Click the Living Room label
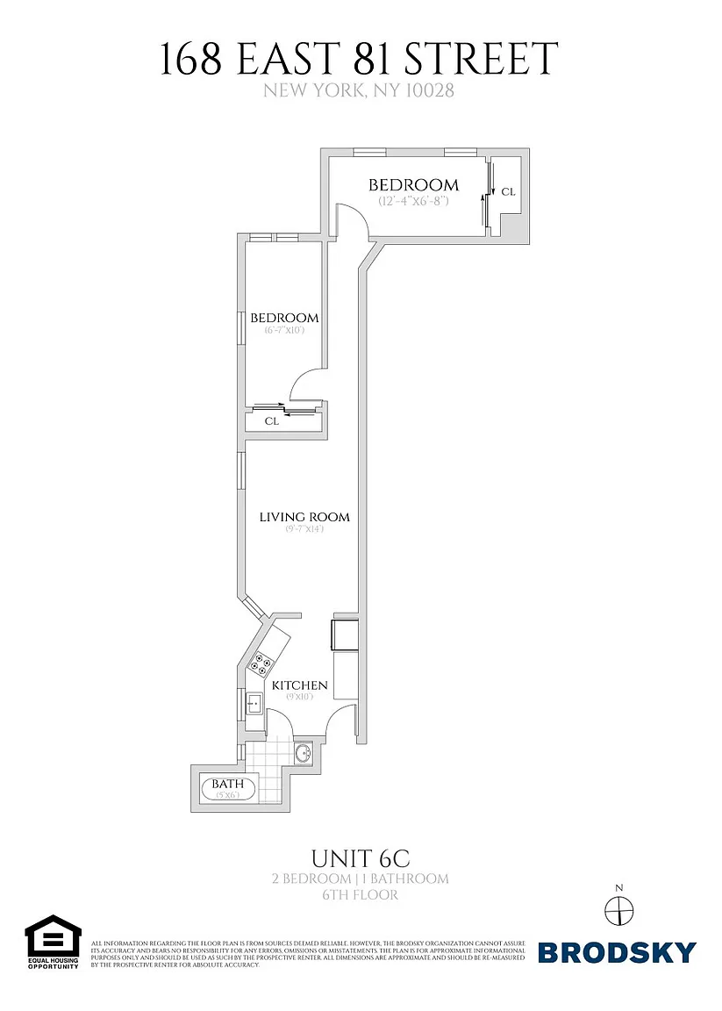coord(304,517)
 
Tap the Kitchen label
coord(299,685)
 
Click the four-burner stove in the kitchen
coord(261,663)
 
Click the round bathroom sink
coord(304,753)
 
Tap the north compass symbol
coord(618,912)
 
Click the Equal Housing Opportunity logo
coord(53,942)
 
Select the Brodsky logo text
coord(617,952)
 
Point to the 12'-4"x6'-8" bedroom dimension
coord(413,201)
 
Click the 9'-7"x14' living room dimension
coord(304,529)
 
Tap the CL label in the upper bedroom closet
coord(508,191)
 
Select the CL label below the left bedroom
coord(272,421)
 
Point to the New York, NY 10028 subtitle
coord(361,90)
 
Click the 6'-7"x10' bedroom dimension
coord(283,331)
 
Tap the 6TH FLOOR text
coord(361,895)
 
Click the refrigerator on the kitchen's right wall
coord(343,635)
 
